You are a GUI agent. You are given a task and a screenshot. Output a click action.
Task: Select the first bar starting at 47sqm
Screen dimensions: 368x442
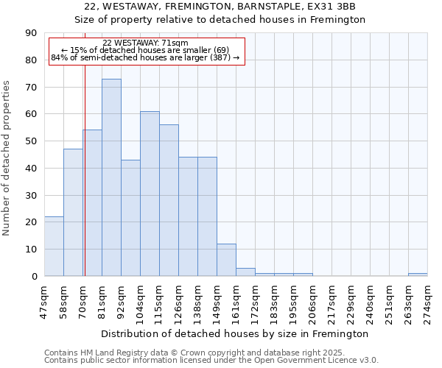click(54, 247)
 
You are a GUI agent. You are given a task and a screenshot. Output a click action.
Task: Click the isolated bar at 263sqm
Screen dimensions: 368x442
click(418, 275)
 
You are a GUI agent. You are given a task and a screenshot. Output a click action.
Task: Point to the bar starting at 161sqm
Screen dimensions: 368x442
click(245, 272)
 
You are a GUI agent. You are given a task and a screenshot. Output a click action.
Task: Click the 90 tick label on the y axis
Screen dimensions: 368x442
click(31, 33)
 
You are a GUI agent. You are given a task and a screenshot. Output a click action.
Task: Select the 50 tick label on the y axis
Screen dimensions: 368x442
click(31, 141)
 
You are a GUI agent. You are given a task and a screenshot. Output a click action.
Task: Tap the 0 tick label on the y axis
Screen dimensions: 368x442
click(34, 277)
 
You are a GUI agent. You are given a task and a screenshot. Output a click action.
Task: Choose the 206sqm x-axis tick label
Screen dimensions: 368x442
click(314, 301)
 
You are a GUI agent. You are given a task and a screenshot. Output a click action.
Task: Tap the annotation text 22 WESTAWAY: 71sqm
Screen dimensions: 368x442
click(146, 43)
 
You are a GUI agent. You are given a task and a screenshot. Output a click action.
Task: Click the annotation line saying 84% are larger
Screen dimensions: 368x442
click(146, 57)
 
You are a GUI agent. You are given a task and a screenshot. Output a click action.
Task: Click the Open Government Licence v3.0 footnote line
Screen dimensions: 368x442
click(211, 361)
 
